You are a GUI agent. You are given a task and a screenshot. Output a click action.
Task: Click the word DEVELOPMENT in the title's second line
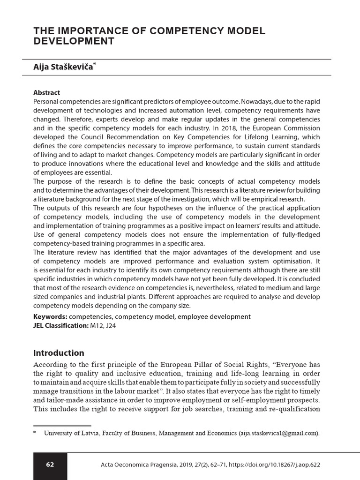coord(74,41)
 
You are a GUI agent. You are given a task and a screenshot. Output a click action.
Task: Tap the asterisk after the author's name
coord(95,66)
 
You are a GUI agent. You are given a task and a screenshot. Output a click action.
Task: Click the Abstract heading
coord(46,93)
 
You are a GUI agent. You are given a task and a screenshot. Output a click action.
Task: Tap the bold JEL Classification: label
coord(60,325)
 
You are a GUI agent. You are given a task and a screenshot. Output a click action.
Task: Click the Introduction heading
coord(59,353)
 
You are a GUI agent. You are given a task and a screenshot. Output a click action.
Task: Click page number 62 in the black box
coord(50,465)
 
